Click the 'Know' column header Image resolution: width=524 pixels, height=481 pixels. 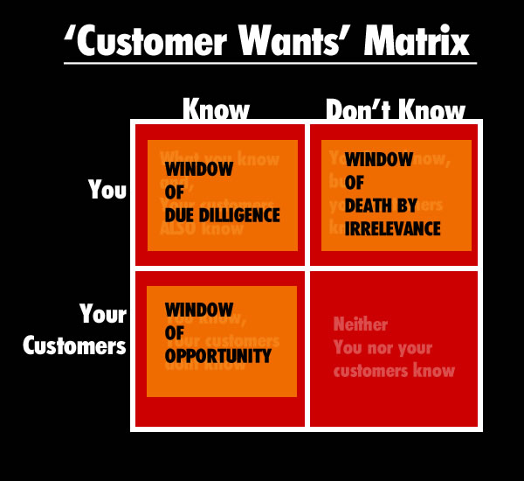click(x=216, y=111)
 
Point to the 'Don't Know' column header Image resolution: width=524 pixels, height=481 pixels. click(x=395, y=111)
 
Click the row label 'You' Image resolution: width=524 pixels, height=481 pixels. click(x=107, y=190)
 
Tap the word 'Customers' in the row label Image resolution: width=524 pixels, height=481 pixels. click(x=75, y=346)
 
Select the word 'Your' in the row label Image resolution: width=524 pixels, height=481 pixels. click(x=103, y=314)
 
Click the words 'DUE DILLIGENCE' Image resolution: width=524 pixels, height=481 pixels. click(x=222, y=214)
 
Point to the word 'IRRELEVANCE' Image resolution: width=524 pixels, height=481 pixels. click(x=393, y=229)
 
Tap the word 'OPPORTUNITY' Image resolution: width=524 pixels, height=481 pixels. click(x=217, y=356)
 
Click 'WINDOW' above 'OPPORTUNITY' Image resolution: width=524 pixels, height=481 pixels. click(x=198, y=310)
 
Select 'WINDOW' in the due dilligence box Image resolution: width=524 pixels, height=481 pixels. click(x=198, y=169)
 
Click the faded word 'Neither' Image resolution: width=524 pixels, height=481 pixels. click(x=360, y=324)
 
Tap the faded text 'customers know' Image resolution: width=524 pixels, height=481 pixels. click(x=394, y=370)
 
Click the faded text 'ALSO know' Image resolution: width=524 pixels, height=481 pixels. click(x=202, y=230)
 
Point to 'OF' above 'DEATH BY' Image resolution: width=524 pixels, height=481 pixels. click(x=355, y=184)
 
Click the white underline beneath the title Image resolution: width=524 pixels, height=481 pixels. click(x=270, y=63)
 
